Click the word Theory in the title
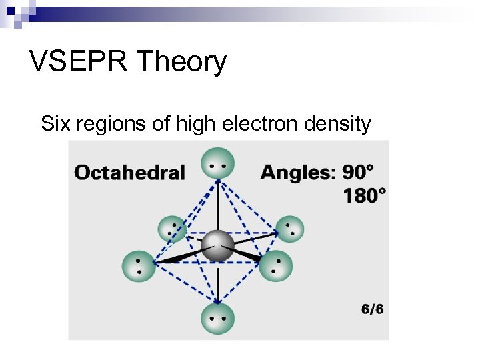point(181,62)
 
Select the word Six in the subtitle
point(55,124)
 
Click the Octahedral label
point(129,173)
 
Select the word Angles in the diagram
point(297,173)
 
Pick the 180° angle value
point(364,195)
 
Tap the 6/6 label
point(372,309)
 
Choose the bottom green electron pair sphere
point(218,319)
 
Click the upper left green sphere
point(172,229)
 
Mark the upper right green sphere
point(289,229)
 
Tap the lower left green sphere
point(139,266)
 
